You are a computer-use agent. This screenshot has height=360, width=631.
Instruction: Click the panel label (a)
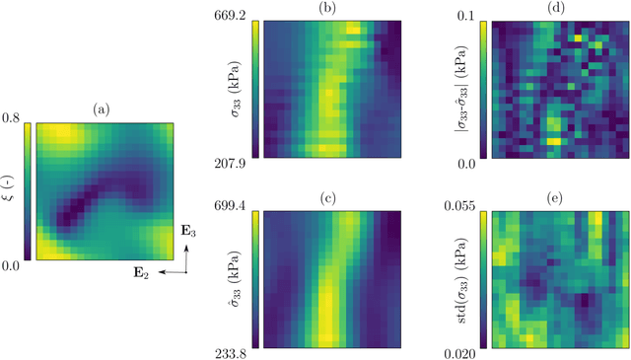[105, 110]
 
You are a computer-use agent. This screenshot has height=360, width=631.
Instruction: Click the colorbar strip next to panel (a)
[28, 192]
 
